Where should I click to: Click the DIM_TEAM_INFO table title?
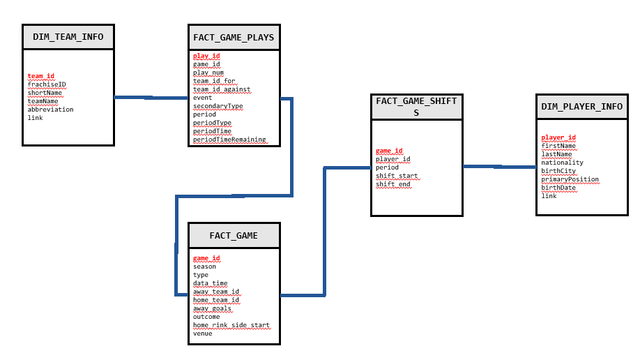tap(68, 37)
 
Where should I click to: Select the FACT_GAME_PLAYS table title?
tap(234, 37)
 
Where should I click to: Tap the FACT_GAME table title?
tap(234, 236)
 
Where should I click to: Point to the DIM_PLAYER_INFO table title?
tap(581, 107)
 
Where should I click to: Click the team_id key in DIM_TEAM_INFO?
tap(41, 76)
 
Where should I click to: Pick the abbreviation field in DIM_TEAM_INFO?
tap(50, 110)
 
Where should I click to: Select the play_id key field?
tap(206, 56)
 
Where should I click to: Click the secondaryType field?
tap(218, 106)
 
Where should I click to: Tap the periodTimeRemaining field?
tap(229, 140)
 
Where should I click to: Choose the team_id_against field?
tap(222, 89)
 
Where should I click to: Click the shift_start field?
tap(397, 176)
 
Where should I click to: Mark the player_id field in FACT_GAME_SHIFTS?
tap(393, 159)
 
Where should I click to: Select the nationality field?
tap(562, 163)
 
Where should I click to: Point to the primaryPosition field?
tap(570, 179)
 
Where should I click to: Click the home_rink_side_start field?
tap(231, 325)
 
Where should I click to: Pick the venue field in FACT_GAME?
tap(203, 333)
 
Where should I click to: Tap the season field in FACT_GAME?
tap(204, 267)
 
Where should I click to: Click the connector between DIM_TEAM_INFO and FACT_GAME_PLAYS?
tap(151, 98)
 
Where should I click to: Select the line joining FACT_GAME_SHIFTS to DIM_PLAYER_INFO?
tap(499, 167)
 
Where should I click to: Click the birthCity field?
tap(558, 171)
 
